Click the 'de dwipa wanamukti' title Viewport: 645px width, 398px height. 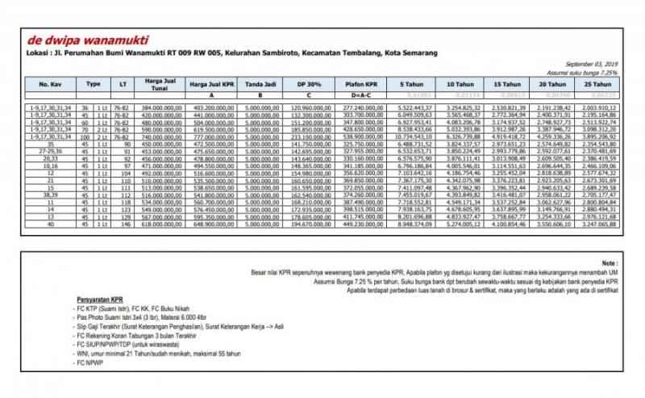pos(79,38)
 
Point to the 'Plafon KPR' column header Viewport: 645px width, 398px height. pos(365,84)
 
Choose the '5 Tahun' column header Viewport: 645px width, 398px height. pos(417,84)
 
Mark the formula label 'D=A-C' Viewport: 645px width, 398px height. pos(365,94)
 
